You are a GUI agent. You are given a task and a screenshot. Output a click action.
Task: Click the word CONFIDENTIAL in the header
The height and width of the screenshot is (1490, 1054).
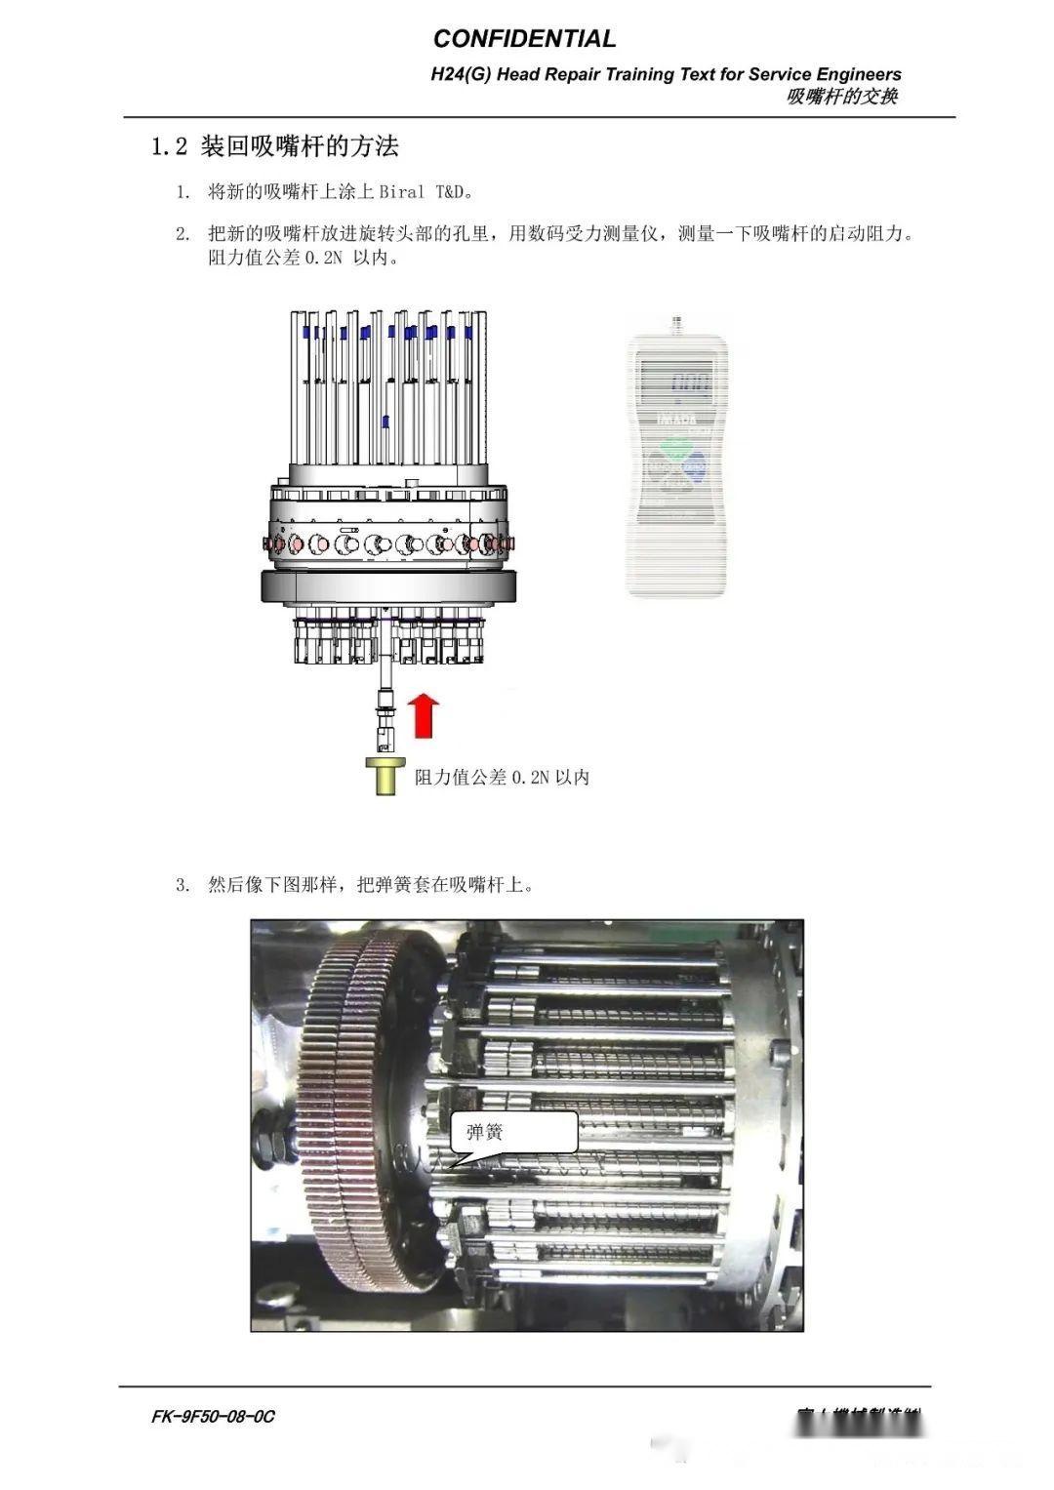[x=524, y=39]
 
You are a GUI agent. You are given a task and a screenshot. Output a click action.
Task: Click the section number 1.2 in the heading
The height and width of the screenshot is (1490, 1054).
[x=168, y=147]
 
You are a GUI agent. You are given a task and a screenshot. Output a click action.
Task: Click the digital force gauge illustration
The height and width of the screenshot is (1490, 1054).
[x=677, y=459]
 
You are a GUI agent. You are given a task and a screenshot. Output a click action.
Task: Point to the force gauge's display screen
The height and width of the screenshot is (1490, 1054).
[x=677, y=383]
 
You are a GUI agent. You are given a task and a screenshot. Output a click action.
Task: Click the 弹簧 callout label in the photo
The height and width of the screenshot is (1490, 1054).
[x=484, y=1133]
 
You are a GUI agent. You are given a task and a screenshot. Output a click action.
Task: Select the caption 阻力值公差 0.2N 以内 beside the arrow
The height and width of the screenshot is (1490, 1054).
[x=502, y=778]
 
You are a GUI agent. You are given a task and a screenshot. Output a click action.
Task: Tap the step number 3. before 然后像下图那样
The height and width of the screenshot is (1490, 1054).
[x=182, y=886]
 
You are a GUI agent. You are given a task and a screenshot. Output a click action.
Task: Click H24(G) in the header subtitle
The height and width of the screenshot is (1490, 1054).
[x=461, y=74]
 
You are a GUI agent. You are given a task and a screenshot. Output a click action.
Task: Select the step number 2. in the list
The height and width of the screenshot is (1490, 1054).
[x=182, y=235]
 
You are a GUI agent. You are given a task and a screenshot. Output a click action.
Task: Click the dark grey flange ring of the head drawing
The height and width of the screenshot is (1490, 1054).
[x=386, y=587]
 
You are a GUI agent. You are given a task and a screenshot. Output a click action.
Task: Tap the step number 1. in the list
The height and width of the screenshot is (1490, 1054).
[x=182, y=191]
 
